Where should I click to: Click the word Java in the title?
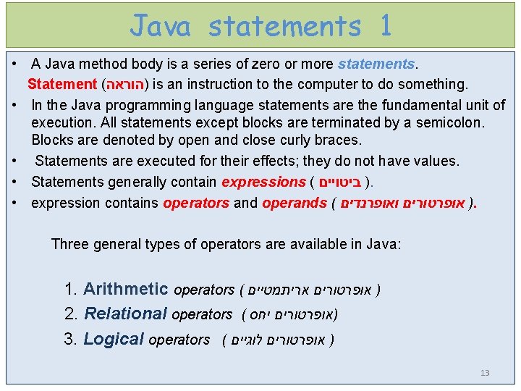click(161, 26)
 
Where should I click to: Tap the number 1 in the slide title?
click(384, 26)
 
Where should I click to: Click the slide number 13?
click(485, 374)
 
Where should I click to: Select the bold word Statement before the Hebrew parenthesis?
click(62, 85)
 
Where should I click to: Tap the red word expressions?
click(263, 182)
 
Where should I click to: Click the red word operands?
click(294, 203)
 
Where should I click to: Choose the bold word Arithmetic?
click(126, 290)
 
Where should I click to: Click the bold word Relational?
click(126, 314)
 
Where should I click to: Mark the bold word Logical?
click(114, 339)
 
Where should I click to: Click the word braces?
click(336, 140)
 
